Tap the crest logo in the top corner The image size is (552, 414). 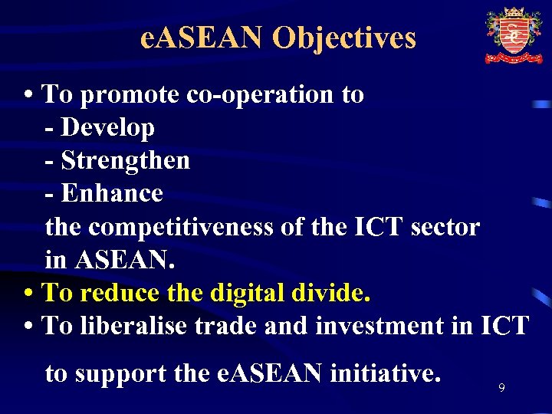tap(513, 35)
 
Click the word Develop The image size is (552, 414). tap(107, 127)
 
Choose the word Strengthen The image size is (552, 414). tap(125, 160)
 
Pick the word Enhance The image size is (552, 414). tap(112, 193)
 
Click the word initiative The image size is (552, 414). tap(386, 374)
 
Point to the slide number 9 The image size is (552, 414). tap(501, 389)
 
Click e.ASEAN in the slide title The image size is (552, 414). tap(202, 38)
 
